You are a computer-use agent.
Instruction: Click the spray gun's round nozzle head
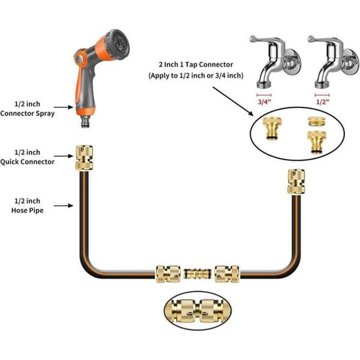117,44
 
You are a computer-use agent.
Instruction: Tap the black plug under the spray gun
86,121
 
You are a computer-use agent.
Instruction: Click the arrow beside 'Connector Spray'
64,107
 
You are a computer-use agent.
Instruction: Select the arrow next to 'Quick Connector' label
64,156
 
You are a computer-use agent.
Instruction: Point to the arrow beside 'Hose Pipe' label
64,205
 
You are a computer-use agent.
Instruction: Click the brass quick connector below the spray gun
84,158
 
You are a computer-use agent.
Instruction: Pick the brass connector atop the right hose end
296,181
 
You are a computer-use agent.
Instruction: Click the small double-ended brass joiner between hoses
197,274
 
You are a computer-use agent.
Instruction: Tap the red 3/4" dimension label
265,102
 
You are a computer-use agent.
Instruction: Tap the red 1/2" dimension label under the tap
323,102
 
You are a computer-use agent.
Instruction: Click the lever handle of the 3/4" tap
264,40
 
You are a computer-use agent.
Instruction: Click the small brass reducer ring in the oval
316,121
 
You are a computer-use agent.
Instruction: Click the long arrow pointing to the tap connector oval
233,101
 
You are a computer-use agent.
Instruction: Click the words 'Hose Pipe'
28,211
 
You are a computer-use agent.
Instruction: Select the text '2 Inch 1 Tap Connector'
196,65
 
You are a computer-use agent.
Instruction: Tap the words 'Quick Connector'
28,161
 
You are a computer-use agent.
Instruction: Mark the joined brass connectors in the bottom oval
197,311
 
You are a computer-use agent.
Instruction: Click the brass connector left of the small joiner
168,274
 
